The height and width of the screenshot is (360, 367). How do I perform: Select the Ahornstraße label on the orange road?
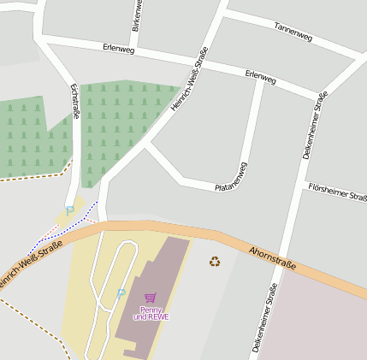tap(272, 258)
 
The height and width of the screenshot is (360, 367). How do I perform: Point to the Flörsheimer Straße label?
tap(337, 191)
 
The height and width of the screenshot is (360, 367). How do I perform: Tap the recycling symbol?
tap(215, 261)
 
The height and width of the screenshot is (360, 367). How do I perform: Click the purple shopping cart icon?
tap(151, 298)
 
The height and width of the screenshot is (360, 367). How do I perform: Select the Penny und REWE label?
tap(151, 313)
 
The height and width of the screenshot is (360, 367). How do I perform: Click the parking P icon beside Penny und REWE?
tap(121, 293)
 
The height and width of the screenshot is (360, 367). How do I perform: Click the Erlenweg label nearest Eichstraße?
tap(118, 49)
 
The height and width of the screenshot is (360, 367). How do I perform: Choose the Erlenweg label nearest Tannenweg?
tap(260, 77)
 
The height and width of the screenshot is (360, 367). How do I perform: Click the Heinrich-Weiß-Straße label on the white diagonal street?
tap(190, 79)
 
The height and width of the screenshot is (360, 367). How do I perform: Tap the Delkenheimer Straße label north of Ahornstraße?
tap(316, 128)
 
